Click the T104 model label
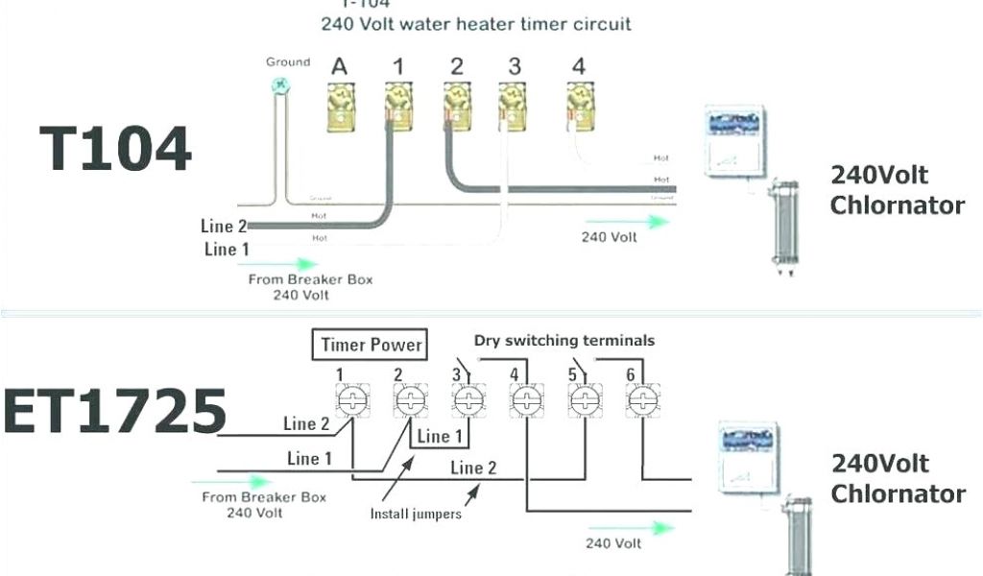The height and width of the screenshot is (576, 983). [x=116, y=150]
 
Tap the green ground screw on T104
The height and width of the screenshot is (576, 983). [x=280, y=84]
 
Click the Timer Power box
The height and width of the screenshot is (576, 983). [x=372, y=344]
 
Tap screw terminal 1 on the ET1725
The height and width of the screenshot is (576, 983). [x=351, y=401]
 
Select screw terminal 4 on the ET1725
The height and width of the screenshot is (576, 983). [x=524, y=401]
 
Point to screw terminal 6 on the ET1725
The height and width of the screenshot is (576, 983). [x=640, y=401]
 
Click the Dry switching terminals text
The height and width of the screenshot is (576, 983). [x=564, y=341]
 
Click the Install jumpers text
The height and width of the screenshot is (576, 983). [x=416, y=514]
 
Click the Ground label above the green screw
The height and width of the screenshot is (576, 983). [x=288, y=62]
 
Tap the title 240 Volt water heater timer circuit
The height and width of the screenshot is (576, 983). [x=476, y=24]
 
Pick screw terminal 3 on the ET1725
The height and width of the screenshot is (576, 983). [x=468, y=401]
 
